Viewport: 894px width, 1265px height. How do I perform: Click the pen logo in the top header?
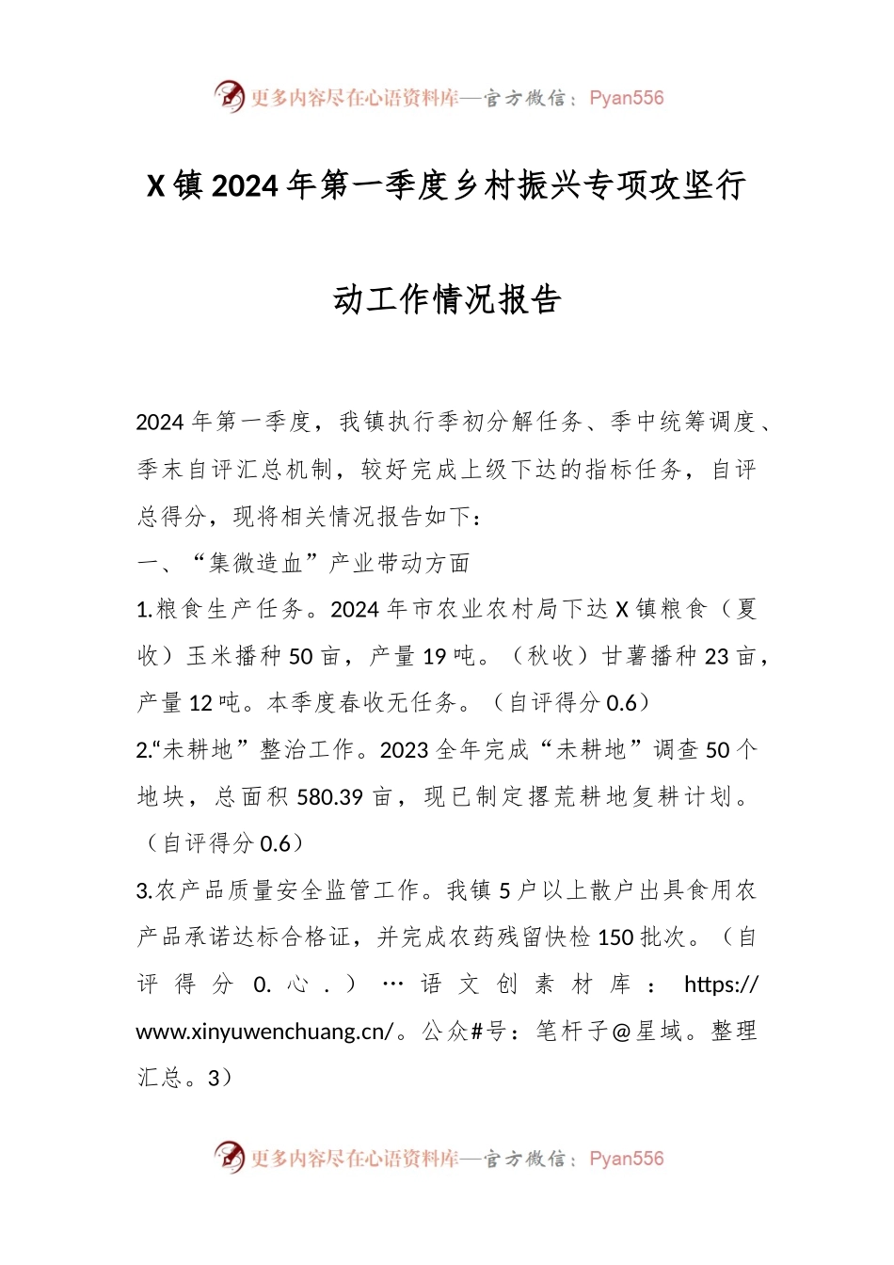[x=229, y=96]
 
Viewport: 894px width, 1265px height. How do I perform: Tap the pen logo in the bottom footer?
[x=229, y=1157]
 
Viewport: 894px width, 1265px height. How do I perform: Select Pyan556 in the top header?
[x=626, y=98]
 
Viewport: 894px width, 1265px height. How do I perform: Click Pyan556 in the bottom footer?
[x=626, y=1159]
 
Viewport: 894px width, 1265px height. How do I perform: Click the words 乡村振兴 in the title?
[x=516, y=186]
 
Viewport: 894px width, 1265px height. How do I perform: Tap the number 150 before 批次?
[x=615, y=937]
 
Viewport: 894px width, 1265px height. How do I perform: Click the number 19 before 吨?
[x=434, y=657]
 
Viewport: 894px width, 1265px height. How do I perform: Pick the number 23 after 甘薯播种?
[x=716, y=657]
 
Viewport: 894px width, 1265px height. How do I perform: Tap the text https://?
[x=721, y=985]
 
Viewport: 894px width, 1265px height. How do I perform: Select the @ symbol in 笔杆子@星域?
[x=620, y=1032]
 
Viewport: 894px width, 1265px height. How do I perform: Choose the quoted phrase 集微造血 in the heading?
[x=247, y=564]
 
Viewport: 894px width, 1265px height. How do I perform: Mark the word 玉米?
[x=211, y=657]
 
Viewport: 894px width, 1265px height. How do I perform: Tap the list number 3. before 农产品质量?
[x=145, y=891]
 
